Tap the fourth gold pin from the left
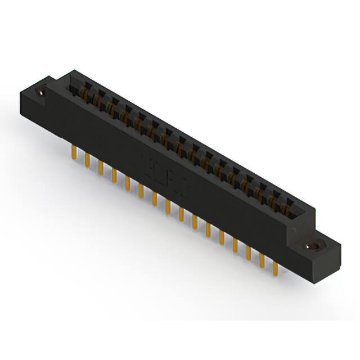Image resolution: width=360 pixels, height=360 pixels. point(114,174)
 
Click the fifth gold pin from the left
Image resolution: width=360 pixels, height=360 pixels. point(128,182)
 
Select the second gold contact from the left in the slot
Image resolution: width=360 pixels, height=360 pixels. point(97,100)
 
